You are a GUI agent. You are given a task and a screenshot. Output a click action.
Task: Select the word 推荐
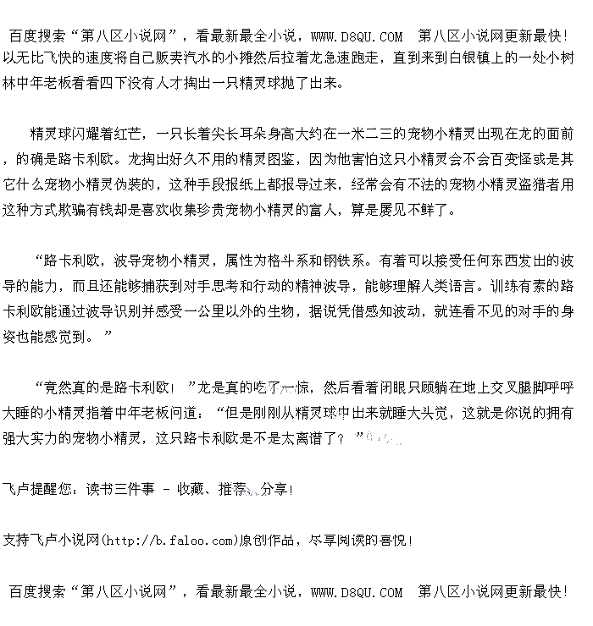point(231,489)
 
